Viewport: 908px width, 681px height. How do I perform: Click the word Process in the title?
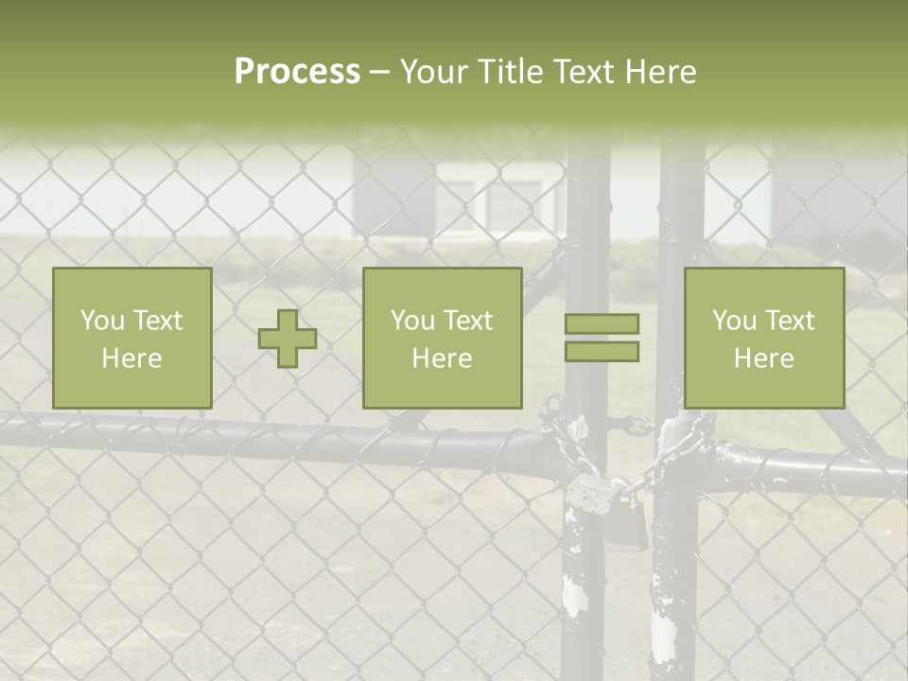[297, 72]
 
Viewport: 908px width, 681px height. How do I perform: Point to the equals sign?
[602, 338]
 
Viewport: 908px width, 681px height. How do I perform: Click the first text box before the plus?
[131, 338]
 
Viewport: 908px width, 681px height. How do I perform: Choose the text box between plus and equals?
[442, 338]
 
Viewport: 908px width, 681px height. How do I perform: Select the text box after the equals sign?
[763, 338]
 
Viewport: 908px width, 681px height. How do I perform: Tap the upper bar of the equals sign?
[602, 324]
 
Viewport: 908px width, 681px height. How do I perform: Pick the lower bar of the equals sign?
[602, 351]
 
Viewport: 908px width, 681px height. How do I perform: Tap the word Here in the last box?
[763, 358]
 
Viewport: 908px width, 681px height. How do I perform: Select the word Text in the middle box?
[468, 321]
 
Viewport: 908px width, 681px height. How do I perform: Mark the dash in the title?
[379, 73]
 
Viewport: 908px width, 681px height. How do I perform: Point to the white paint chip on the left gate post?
[574, 596]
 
